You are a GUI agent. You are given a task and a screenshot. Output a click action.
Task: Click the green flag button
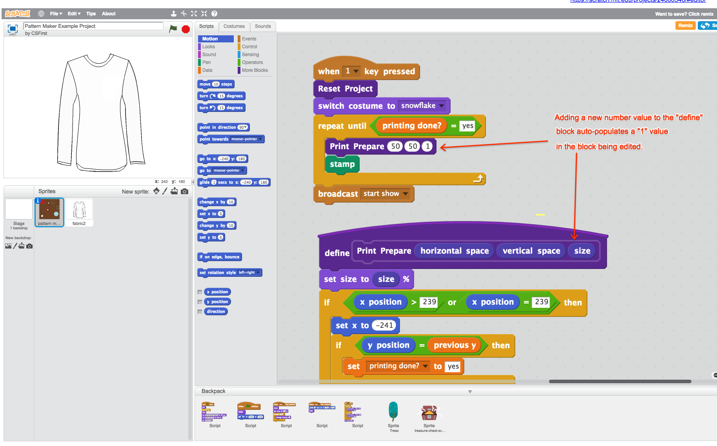(173, 29)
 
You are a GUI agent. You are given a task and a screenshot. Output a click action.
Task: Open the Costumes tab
(234, 26)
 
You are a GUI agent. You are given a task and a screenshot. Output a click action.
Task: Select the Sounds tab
(262, 26)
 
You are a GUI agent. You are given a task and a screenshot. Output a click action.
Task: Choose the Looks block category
(209, 47)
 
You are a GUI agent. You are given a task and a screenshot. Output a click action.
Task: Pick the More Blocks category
(255, 70)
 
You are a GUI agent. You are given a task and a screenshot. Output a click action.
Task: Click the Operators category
(252, 62)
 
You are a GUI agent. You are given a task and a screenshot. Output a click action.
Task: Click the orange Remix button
(685, 26)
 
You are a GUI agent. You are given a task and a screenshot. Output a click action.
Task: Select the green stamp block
(342, 164)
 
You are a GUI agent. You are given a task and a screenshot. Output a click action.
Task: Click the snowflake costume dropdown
(422, 106)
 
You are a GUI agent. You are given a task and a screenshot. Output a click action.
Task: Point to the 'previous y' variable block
(455, 345)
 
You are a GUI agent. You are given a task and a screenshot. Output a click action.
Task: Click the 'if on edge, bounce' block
(219, 257)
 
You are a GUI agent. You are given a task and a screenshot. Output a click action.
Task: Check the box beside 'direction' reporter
(200, 312)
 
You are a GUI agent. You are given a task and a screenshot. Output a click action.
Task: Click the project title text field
(93, 26)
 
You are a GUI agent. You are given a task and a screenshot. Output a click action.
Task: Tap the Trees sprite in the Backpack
(393, 412)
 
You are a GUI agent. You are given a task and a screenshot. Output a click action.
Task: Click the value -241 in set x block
(384, 325)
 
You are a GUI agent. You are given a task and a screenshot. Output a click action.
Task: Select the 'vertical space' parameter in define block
(531, 251)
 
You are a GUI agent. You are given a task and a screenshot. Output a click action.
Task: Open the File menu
(56, 14)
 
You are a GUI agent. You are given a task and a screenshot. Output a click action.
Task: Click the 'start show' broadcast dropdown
(385, 194)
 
